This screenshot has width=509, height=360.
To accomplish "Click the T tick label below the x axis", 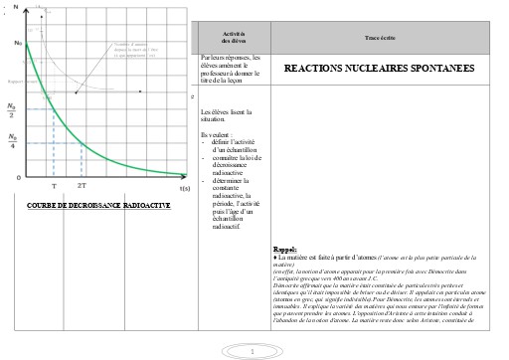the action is point(54,186).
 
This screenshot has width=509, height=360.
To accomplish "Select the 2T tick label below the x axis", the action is point(82,186).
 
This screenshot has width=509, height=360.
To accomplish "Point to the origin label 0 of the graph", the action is point(17,176).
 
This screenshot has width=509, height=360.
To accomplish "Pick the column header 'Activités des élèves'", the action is point(235,36).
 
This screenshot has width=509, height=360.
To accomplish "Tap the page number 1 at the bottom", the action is point(254,351).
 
